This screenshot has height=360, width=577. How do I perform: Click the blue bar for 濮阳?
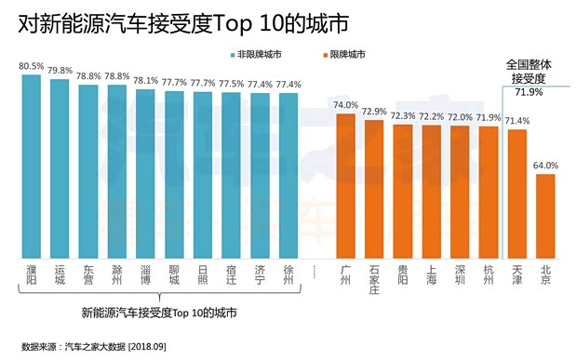coord(31,167)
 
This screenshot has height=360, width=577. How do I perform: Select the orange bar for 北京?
coord(545,216)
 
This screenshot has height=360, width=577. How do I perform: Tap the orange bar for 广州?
coord(345,186)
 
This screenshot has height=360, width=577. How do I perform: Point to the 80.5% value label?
coord(31,66)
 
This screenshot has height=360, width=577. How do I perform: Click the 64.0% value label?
coord(545,166)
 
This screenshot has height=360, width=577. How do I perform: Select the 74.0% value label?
coord(345,105)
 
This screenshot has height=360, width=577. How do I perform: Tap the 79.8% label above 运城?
coord(60,70)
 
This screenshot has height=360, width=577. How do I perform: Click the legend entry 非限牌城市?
coord(256,55)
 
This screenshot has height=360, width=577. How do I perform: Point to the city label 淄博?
coord(145,276)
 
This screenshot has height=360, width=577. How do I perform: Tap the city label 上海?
coord(431,276)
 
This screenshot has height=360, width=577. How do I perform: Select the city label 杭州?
coord(488,276)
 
